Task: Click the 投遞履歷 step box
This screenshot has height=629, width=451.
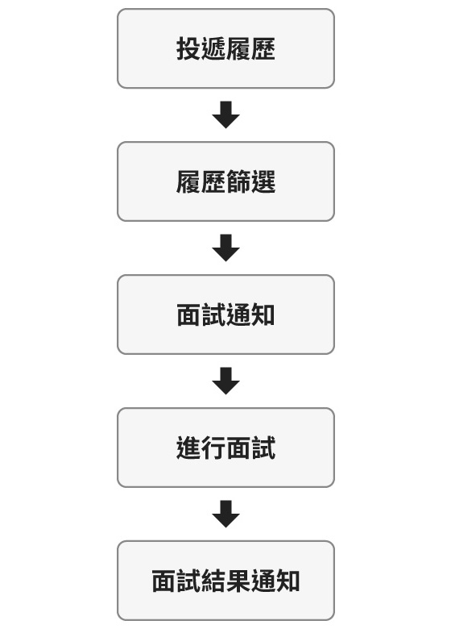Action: click(x=225, y=48)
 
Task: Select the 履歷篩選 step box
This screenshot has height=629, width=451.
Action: click(x=225, y=181)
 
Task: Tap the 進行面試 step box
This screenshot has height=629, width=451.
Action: click(x=225, y=448)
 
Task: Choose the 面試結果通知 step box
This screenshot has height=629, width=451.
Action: click(x=225, y=581)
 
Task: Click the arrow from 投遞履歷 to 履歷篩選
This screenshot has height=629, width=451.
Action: click(x=225, y=115)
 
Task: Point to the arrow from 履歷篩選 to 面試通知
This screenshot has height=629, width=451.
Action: click(x=225, y=248)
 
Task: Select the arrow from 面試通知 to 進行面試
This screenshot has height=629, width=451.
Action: click(x=225, y=381)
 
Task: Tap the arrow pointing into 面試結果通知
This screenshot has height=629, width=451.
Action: click(x=225, y=514)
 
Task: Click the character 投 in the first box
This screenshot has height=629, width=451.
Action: click(x=188, y=48)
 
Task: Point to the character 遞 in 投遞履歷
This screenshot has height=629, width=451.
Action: click(x=213, y=48)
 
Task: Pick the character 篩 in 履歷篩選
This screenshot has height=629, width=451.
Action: click(x=238, y=181)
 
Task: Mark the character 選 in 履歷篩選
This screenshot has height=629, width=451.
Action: click(x=263, y=181)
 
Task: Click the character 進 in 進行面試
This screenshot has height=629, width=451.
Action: click(x=188, y=448)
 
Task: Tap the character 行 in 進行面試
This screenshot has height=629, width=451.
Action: click(x=213, y=448)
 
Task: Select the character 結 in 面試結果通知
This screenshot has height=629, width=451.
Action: click(x=213, y=581)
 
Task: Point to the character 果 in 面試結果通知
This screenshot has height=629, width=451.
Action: click(x=238, y=581)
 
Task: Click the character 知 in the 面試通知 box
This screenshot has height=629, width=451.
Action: click(x=263, y=314)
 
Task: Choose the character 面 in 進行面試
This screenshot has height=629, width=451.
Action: click(x=238, y=448)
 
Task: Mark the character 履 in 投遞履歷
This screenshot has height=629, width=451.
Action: click(x=238, y=48)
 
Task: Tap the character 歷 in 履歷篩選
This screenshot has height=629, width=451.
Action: click(x=213, y=181)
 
